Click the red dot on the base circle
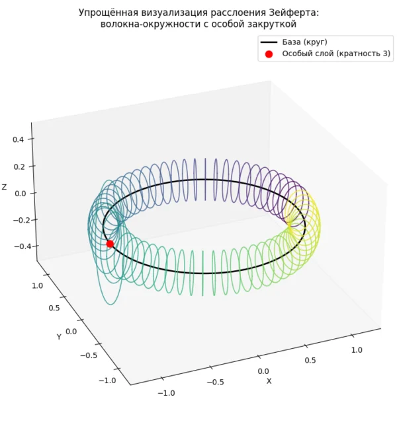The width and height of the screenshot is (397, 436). pyautogui.click(x=110, y=244)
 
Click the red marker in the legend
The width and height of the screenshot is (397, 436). pyautogui.click(x=269, y=54)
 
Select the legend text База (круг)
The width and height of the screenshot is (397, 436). pyautogui.click(x=304, y=42)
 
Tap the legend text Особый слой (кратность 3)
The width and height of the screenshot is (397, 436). pyautogui.click(x=336, y=54)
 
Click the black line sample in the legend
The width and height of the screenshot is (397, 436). pyautogui.click(x=269, y=42)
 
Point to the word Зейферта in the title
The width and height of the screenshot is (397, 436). pyautogui.click(x=293, y=13)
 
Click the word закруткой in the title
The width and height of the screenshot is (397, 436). pyautogui.click(x=272, y=24)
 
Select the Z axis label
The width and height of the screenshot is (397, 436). pyautogui.click(x=4, y=187)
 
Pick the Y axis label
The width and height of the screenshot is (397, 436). pyautogui.click(x=59, y=337)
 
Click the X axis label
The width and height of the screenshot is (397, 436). pyautogui.click(x=269, y=381)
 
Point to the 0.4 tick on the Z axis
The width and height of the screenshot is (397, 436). pyautogui.click(x=19, y=139)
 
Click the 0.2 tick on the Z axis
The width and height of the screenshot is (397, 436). pyautogui.click(x=19, y=166)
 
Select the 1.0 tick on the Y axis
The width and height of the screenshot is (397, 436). pyautogui.click(x=37, y=285)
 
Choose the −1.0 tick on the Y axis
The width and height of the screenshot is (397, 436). pyautogui.click(x=108, y=381)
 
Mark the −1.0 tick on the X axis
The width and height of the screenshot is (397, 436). pyautogui.click(x=166, y=393)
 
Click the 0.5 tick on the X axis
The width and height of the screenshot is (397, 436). pyautogui.click(x=310, y=361)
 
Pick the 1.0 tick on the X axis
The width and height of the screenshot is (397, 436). pyautogui.click(x=357, y=350)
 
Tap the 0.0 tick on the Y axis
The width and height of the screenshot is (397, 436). pyautogui.click(x=71, y=332)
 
